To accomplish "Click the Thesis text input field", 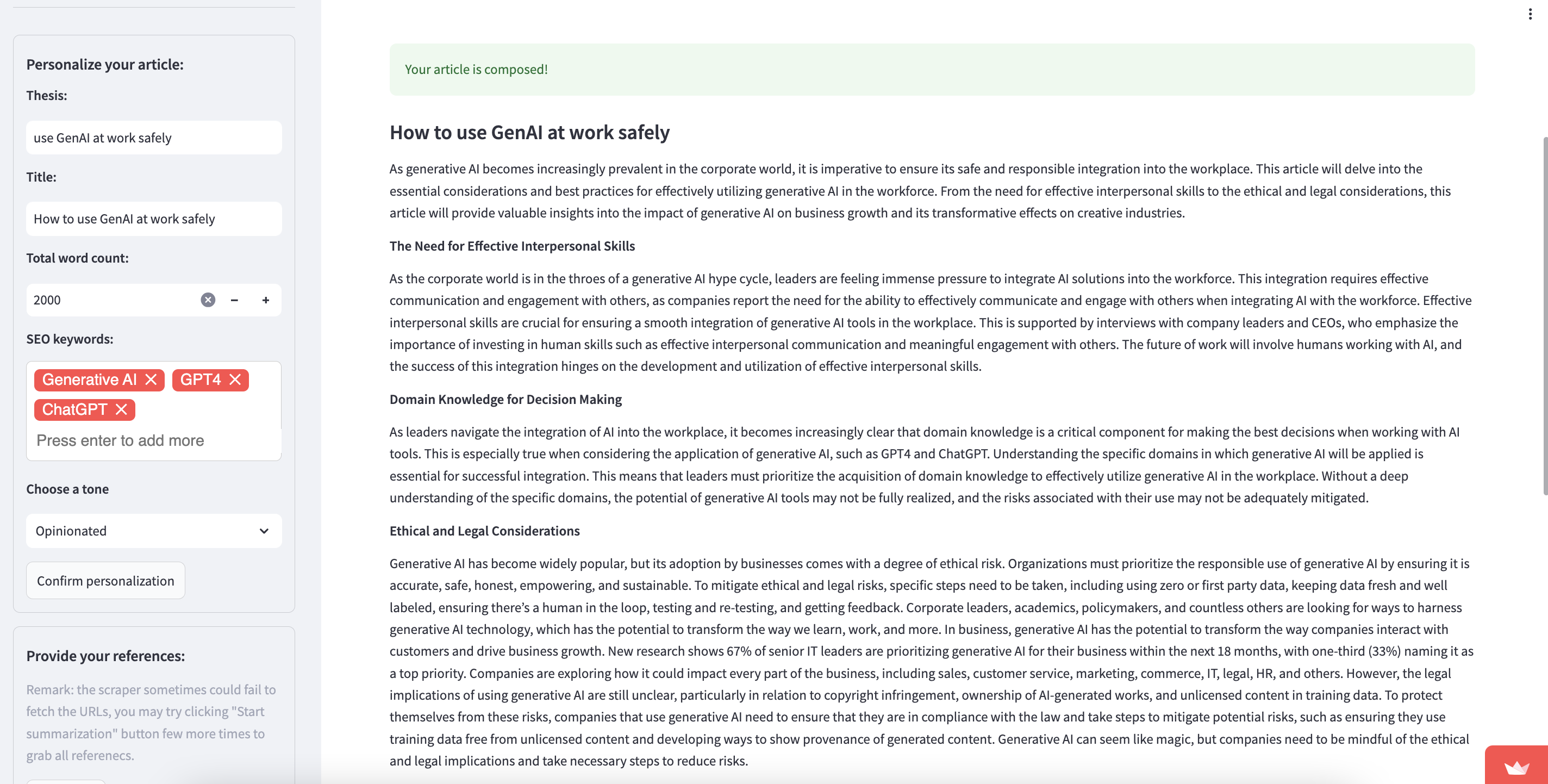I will (x=153, y=138).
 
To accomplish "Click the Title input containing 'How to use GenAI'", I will (x=153, y=219).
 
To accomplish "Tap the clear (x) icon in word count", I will (x=208, y=300).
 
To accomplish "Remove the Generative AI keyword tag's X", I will (x=151, y=379).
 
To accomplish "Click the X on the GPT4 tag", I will (x=235, y=379).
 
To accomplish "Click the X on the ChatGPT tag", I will (x=121, y=409).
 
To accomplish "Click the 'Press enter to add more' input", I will (x=120, y=441).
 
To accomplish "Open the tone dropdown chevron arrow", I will (x=264, y=531).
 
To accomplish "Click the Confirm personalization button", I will (x=106, y=581).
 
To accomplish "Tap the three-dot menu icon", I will (x=1530, y=14).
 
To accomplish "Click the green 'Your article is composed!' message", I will (x=476, y=70).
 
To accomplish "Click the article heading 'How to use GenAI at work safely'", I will (x=529, y=132).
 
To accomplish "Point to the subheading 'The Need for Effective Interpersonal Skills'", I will (x=512, y=246).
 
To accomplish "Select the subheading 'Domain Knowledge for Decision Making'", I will (x=505, y=399).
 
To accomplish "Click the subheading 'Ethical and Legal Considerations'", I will (x=484, y=531).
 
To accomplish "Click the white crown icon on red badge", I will (x=1517, y=767).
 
